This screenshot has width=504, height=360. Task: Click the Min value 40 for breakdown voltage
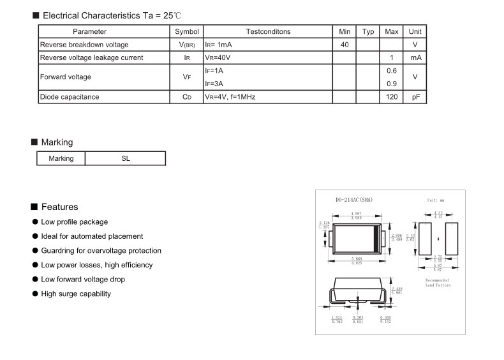pos(345,45)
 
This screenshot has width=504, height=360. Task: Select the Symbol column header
pos(187,31)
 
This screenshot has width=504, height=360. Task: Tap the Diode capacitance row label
pos(70,97)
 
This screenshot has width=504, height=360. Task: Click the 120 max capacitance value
pos(392,97)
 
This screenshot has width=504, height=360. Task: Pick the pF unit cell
pos(415,97)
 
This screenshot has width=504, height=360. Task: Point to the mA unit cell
pos(415,57)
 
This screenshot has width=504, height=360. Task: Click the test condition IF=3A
pos(214,84)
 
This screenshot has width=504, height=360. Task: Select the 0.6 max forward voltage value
pos(392,70)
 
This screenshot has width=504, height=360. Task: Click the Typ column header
pos(368,31)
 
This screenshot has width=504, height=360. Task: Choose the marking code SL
pos(126,158)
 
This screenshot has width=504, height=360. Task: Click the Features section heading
pos(59,207)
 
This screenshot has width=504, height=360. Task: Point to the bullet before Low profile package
pos(35,222)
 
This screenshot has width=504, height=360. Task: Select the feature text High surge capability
pos(76,294)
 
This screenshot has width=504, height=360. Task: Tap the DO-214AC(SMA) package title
pos(353,200)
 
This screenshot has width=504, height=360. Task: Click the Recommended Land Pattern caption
pos(438,283)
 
